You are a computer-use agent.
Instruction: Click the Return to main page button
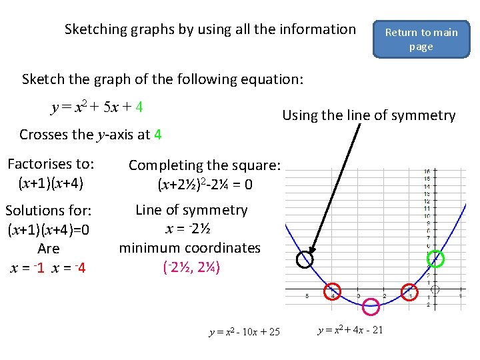[x=421, y=39]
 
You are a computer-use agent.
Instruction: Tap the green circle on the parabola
[x=435, y=259]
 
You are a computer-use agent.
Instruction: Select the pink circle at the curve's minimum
[x=371, y=307]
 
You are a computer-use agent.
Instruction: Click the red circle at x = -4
[x=332, y=291]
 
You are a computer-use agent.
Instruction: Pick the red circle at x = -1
[x=410, y=291]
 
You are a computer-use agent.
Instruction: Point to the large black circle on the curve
[x=304, y=259]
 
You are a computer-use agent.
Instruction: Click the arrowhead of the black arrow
[x=308, y=249]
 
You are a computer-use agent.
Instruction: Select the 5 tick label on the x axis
[x=307, y=296]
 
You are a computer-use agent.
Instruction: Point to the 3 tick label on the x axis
[x=359, y=296]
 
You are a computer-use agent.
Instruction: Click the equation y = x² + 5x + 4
[x=97, y=107]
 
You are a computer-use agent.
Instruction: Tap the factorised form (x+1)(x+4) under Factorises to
[x=50, y=182]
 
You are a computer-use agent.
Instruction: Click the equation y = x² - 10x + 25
[x=245, y=332]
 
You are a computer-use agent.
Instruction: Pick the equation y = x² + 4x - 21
[x=351, y=330]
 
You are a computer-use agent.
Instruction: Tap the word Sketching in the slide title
[x=96, y=29]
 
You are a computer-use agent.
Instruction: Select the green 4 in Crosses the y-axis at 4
[x=157, y=135]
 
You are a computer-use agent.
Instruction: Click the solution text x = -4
[x=69, y=269]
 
